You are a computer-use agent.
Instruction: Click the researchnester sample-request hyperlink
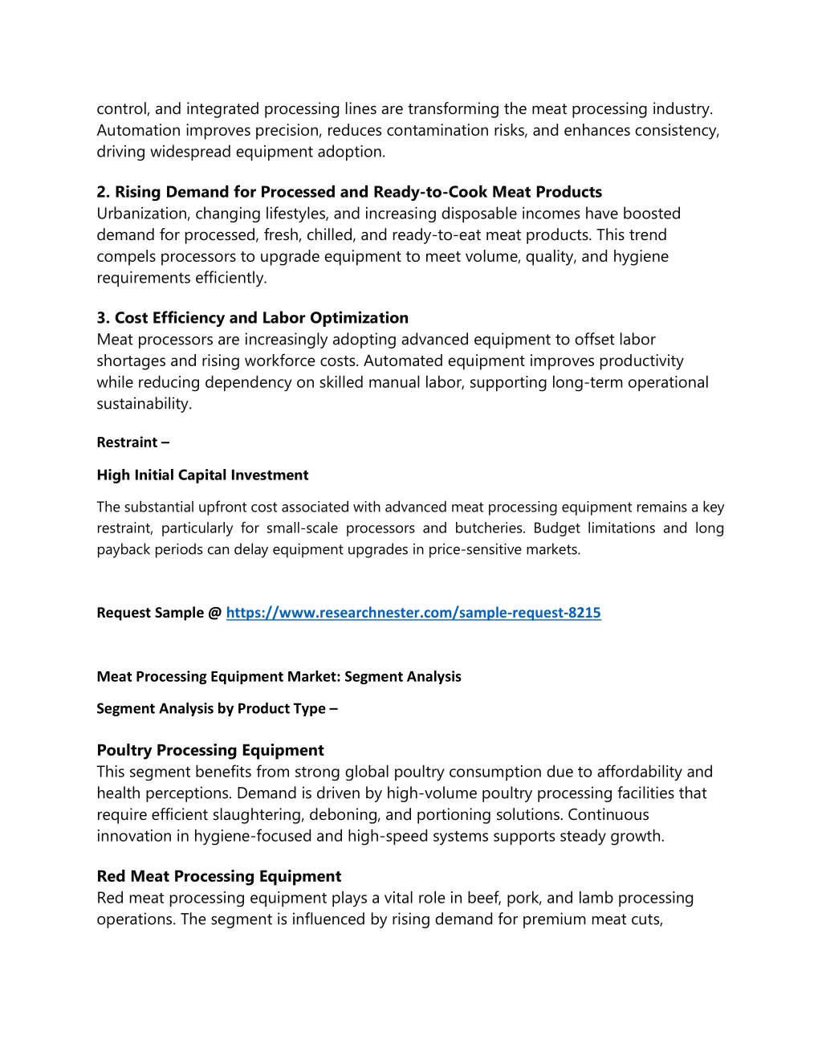pos(413,613)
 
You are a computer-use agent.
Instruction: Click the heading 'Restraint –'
pos(132,442)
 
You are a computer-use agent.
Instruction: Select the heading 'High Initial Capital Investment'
pos(202,475)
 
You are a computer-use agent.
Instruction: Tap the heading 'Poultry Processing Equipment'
pos(210,750)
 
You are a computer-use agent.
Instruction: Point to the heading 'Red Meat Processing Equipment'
pos(219,876)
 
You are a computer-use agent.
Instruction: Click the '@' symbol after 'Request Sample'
pos(214,613)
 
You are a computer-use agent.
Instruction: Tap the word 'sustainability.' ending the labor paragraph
pos(144,404)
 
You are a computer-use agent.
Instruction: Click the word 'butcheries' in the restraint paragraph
pos(488,528)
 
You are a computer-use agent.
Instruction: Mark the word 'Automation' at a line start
pos(139,130)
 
